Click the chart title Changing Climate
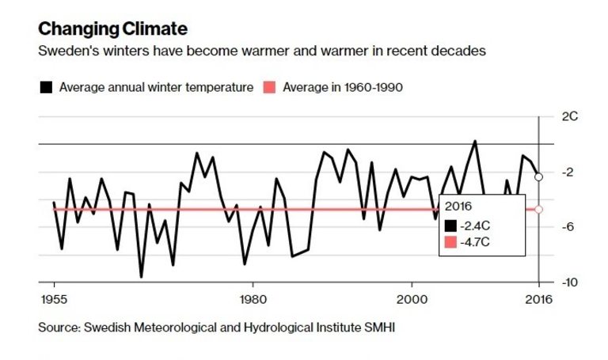112,30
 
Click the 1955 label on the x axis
54,299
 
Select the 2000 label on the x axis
412,299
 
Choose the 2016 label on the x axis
539,299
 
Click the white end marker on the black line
539,177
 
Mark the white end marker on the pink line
539,209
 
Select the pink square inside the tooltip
451,242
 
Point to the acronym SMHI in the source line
379,327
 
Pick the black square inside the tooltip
451,225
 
